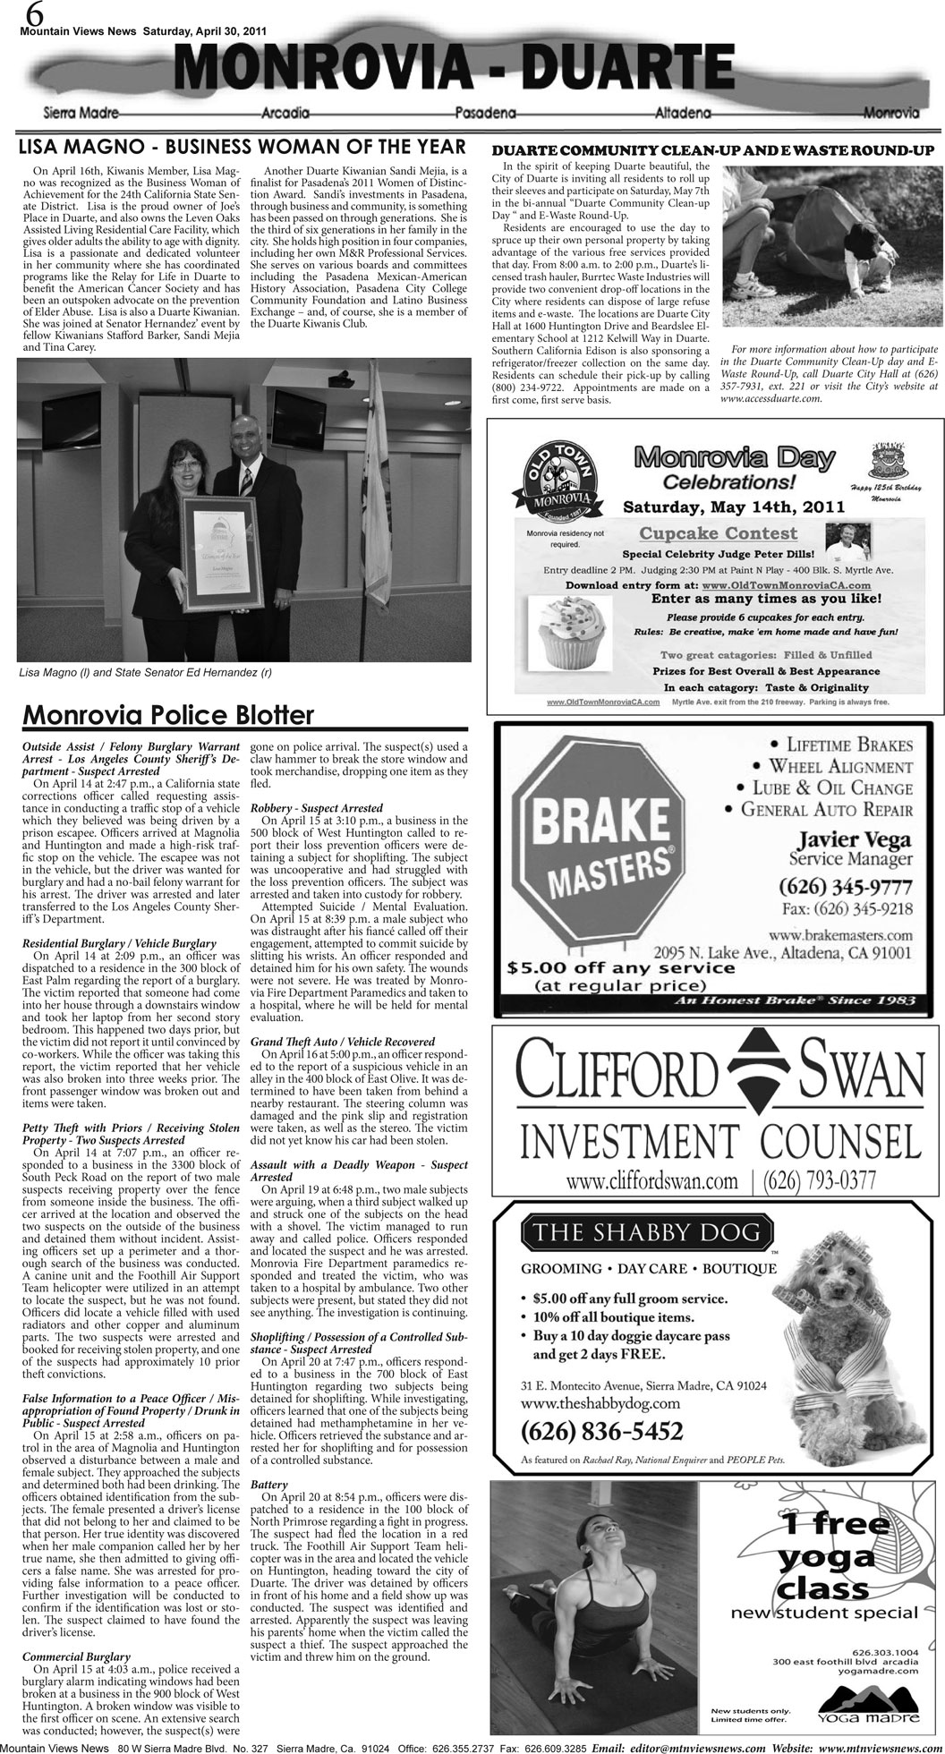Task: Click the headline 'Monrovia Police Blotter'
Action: tap(168, 715)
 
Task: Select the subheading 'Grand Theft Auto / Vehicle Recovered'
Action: tap(330, 1042)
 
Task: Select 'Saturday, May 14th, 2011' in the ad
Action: tap(734, 507)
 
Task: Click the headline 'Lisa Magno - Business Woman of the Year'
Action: tap(243, 147)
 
